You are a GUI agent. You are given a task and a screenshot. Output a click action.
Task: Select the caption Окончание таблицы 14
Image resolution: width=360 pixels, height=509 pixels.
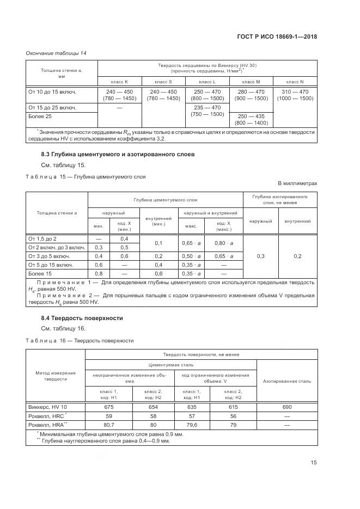pos(56,53)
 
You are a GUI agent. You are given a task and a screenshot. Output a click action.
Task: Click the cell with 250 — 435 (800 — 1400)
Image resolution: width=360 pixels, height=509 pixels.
pos(251,120)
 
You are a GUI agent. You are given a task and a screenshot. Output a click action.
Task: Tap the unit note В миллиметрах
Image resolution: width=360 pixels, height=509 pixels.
pos(297,183)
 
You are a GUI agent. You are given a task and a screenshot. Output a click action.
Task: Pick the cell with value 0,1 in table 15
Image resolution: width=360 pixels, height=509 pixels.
pos(158,243)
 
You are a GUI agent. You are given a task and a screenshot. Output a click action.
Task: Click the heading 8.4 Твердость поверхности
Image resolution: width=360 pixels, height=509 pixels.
pos(82,318)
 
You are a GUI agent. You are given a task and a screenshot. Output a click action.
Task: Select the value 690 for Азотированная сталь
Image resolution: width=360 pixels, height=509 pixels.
pos(287,406)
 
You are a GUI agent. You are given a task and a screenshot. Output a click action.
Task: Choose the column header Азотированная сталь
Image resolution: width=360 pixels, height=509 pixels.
pos(287,381)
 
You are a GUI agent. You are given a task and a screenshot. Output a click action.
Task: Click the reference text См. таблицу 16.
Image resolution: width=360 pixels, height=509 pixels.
pos(63,328)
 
